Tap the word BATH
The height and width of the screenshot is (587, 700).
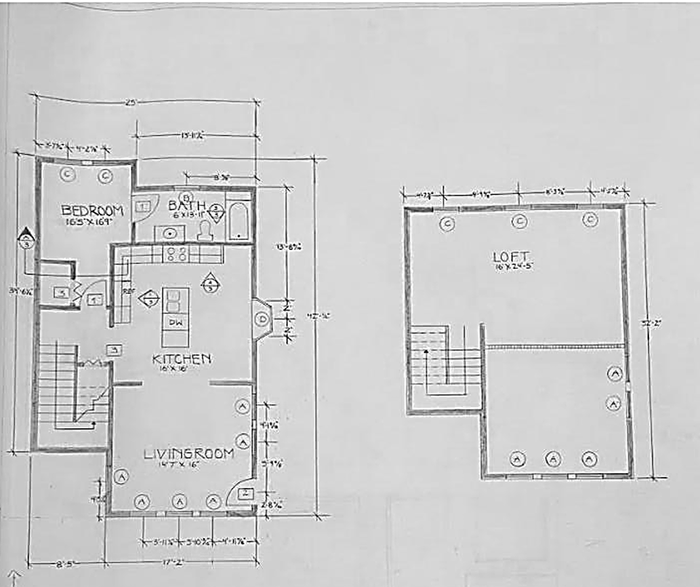point(182,205)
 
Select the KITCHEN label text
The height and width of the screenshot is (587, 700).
point(181,359)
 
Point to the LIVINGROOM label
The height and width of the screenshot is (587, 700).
point(189,453)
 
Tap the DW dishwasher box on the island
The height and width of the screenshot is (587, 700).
point(174,322)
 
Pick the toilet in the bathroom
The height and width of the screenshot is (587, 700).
point(204,231)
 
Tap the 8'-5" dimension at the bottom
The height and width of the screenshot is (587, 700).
point(66,563)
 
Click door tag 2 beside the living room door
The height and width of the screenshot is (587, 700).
point(246,493)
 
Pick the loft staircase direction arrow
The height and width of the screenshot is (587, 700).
point(426,353)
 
